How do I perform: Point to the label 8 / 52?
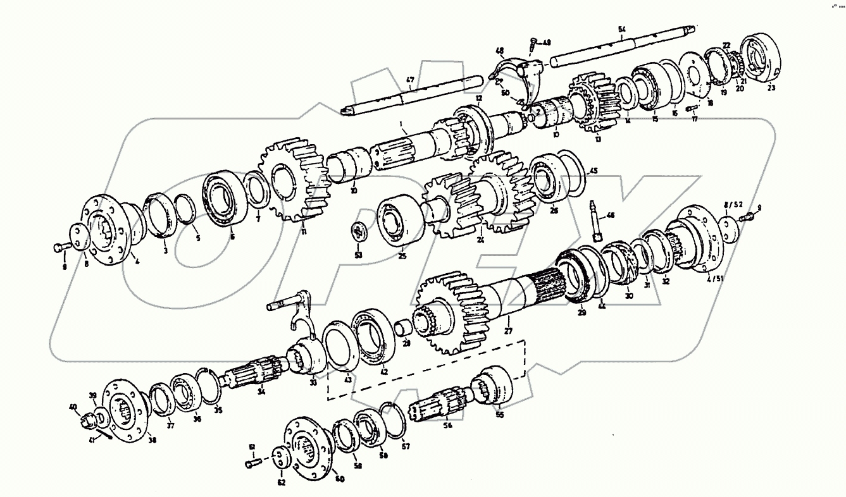733,204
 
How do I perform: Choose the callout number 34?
261,391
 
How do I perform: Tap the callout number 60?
340,479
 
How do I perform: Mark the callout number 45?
593,170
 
